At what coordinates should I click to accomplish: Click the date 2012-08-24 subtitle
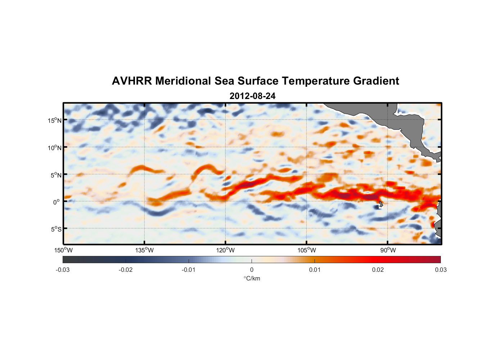point(252,96)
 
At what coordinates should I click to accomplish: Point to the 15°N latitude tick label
point(54,121)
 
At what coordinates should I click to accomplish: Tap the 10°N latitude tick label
point(54,148)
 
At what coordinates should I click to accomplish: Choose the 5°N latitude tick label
point(56,175)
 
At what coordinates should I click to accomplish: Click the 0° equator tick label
point(57,202)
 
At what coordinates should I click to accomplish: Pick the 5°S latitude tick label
point(56,229)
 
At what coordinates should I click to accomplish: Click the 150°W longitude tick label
point(63,250)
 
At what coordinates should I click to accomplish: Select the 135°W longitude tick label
point(144,250)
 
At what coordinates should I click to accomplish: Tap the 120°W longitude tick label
point(225,250)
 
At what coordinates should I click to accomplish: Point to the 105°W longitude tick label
point(307,250)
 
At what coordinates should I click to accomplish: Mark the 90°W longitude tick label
point(388,250)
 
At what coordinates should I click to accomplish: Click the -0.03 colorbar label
point(63,270)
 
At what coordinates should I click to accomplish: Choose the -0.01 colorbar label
point(189,270)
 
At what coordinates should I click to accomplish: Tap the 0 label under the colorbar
point(252,270)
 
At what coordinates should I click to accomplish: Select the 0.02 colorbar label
point(378,270)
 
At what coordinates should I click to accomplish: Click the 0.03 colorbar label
point(440,270)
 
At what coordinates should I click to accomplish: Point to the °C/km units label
point(252,278)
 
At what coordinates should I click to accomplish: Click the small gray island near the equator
point(381,204)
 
